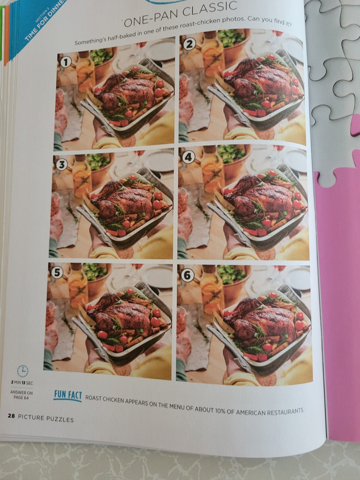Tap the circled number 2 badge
189,44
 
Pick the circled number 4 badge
188,157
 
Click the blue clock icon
23,370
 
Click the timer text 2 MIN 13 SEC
22,383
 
